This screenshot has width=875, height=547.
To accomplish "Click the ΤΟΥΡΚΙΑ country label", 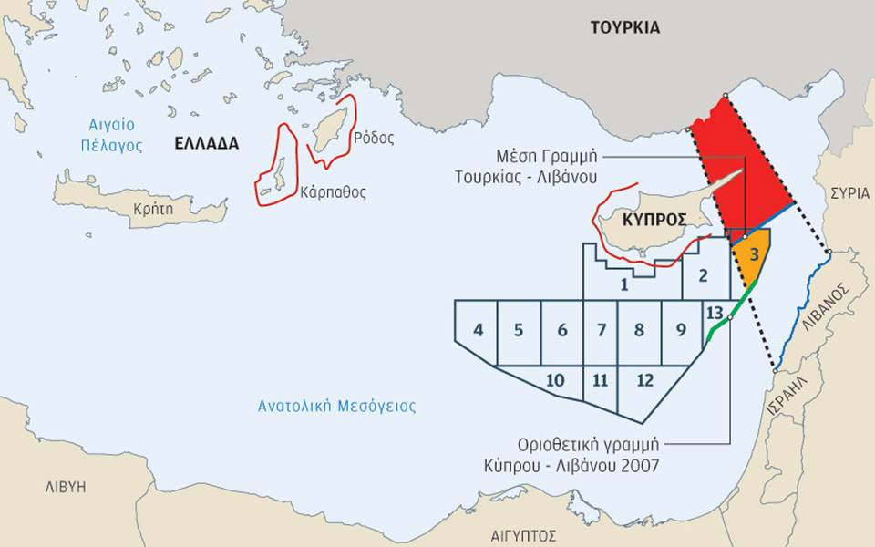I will coord(624,27).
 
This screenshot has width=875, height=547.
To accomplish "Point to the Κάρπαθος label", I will coord(333,192).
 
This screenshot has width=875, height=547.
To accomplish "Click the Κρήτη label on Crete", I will coord(152,209).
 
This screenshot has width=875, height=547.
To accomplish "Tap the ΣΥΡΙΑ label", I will coord(844,193).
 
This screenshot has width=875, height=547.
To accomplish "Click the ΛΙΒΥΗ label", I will coord(65,487).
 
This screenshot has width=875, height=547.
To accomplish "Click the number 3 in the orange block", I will coord(754,255).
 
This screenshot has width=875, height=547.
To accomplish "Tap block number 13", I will coord(715,314).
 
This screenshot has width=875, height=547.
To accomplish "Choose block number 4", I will coord(479,330).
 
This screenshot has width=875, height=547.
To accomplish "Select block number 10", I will coord(555,379).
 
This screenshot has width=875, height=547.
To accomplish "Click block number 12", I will coord(645,379).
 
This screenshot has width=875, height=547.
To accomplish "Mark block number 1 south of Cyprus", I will coord(623,284).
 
